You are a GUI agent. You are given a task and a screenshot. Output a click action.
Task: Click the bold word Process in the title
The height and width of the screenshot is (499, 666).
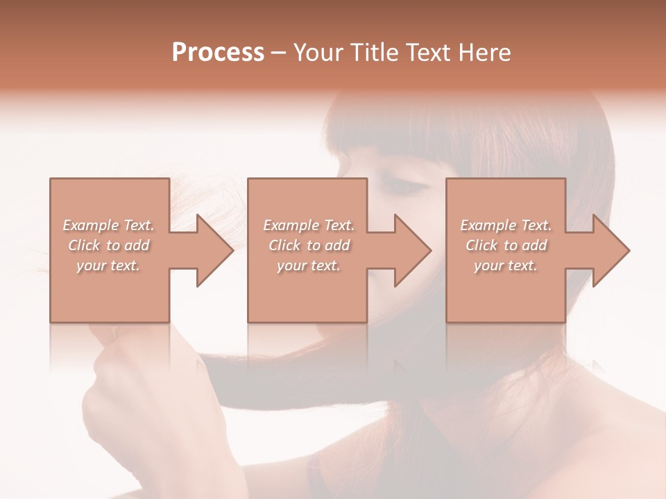pyautogui.click(x=218, y=53)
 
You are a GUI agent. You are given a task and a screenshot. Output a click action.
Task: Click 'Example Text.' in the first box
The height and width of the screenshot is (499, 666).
pyautogui.click(x=109, y=225)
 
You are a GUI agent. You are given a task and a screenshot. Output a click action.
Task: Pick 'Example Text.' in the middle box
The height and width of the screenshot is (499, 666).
pyautogui.click(x=309, y=225)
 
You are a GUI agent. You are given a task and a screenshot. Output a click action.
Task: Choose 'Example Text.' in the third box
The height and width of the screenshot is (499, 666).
pyautogui.click(x=506, y=225)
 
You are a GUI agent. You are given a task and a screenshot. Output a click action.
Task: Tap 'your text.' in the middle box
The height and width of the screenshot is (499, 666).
pyautogui.click(x=308, y=265)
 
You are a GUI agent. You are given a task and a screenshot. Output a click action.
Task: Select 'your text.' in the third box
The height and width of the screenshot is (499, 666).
pyautogui.click(x=505, y=265)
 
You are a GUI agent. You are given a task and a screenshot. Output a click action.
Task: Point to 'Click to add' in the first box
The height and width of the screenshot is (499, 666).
pyautogui.click(x=109, y=245)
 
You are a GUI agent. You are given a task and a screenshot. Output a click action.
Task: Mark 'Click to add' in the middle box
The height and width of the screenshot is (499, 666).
pyautogui.click(x=309, y=245)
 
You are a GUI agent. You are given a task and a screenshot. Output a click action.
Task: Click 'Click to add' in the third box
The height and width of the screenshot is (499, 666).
pyautogui.click(x=506, y=245)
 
